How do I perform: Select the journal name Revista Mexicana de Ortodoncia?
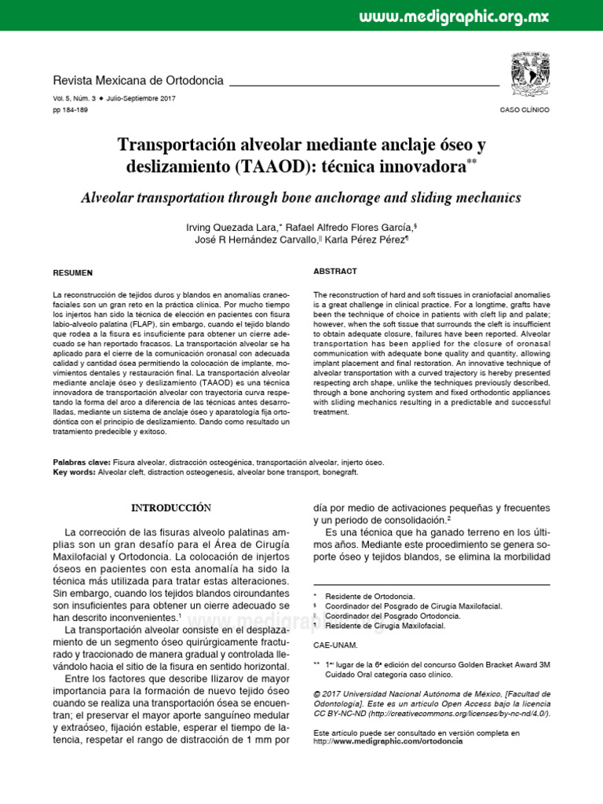coord(137,81)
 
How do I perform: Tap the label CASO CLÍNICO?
coord(524,110)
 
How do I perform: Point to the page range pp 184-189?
coord(70,110)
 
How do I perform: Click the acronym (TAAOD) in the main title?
coord(265,167)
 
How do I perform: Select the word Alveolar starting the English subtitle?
coord(111,197)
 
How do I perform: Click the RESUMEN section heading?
coord(72,272)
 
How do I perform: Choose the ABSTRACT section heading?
coord(335,271)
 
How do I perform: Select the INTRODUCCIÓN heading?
coord(171,507)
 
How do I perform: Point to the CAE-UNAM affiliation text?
coord(335,645)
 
